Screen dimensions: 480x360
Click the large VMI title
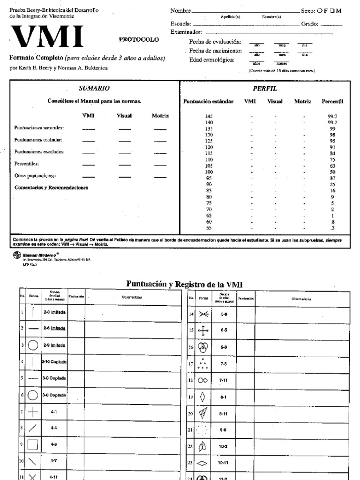[47, 37]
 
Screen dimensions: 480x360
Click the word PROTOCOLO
[139, 40]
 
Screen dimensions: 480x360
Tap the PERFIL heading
[265, 88]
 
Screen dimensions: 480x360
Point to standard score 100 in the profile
[209, 172]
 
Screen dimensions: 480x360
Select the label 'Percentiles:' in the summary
[26, 164]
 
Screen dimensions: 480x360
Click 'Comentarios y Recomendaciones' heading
[51, 188]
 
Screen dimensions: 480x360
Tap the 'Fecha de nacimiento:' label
[215, 50]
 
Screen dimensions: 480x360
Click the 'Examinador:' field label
[186, 32]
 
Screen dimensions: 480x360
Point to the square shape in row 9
[33, 444]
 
